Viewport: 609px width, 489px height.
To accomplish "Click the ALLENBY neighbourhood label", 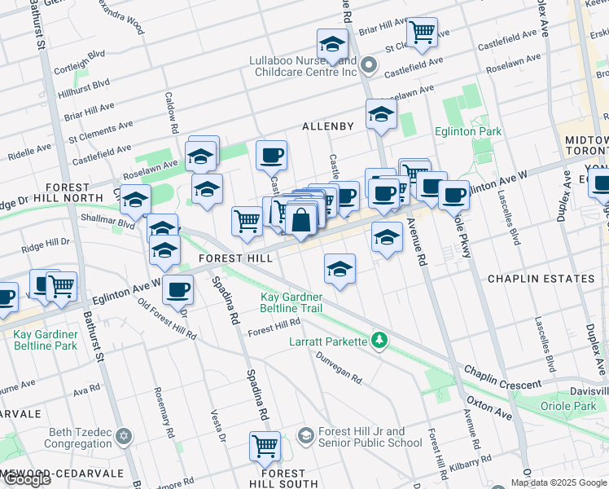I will pyautogui.click(x=328, y=126).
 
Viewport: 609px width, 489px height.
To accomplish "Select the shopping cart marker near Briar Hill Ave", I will pyautogui.click(x=422, y=33).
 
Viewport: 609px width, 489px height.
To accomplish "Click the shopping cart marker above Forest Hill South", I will pyautogui.click(x=265, y=446).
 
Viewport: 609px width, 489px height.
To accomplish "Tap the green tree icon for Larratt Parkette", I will pyautogui.click(x=379, y=339).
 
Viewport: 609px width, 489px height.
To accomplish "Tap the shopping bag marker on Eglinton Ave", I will pyautogui.click(x=300, y=220).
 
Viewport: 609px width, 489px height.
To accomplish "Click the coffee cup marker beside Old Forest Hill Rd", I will pyautogui.click(x=177, y=289).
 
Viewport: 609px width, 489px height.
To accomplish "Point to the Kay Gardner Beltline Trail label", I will pyautogui.click(x=291, y=302).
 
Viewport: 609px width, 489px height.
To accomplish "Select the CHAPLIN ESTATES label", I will pyautogui.click(x=541, y=279).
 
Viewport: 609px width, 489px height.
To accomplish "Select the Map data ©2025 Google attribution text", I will pyautogui.click(x=558, y=482).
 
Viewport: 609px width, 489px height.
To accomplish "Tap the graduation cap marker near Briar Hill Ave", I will pyautogui.click(x=332, y=44).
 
